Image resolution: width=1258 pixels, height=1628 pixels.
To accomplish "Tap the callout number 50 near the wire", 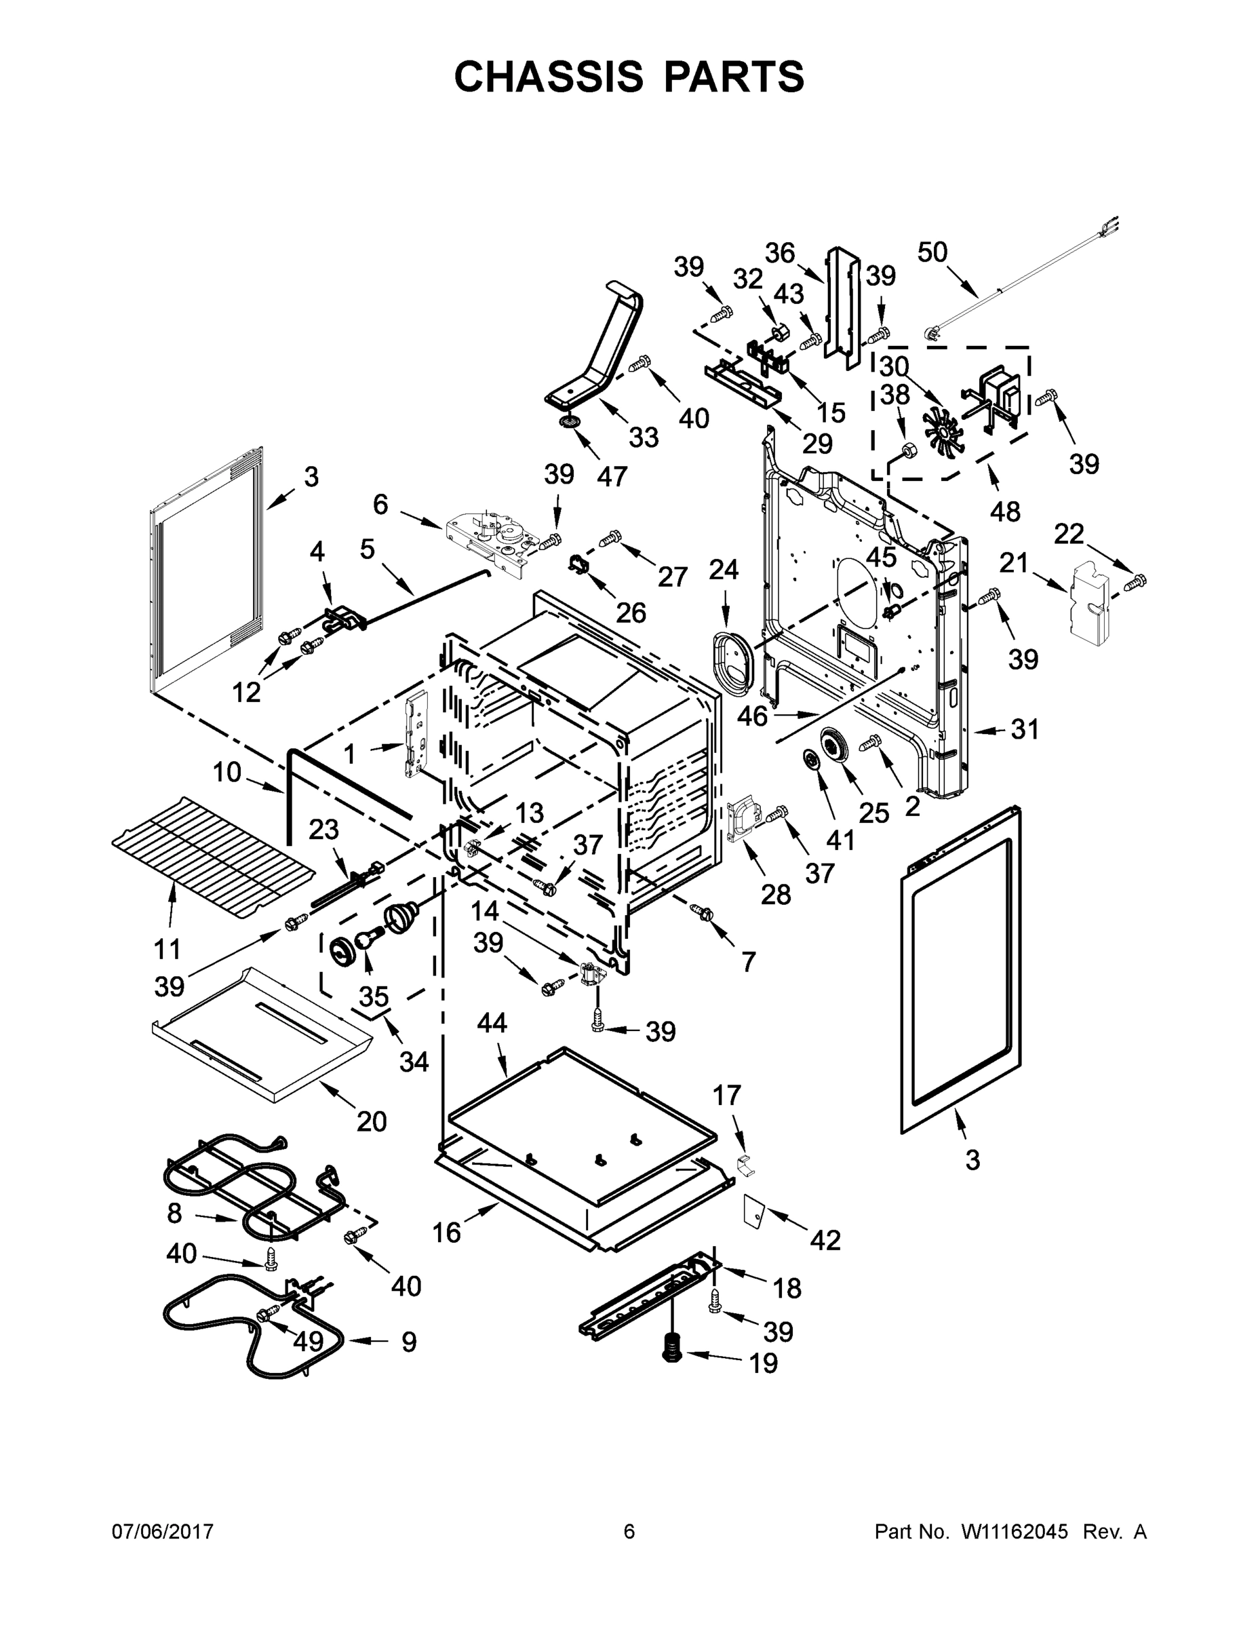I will tap(932, 253).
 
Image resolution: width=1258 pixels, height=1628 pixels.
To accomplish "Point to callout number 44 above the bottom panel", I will tap(492, 1023).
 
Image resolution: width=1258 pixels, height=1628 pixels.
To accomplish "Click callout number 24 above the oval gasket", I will tap(723, 570).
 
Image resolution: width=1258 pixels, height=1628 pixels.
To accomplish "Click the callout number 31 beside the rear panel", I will tap(1025, 729).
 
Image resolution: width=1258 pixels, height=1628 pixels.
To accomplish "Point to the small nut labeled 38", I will tap(909, 449).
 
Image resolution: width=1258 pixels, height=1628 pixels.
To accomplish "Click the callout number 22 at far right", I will tap(1069, 534).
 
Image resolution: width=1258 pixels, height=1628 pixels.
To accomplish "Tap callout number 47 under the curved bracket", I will tap(612, 476).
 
